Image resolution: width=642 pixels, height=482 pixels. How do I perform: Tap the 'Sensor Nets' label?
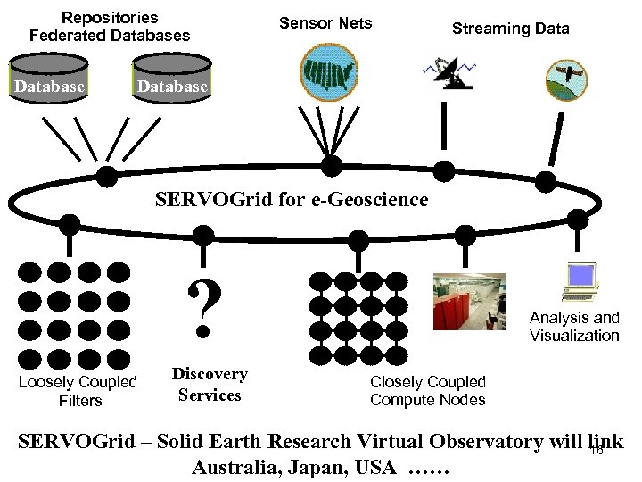(325, 23)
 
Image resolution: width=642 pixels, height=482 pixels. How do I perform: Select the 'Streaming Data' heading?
(510, 29)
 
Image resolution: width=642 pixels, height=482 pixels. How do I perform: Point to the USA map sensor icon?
(329, 71)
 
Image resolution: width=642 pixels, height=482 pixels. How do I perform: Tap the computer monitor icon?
(579, 282)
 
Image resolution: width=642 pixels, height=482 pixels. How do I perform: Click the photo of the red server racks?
(468, 302)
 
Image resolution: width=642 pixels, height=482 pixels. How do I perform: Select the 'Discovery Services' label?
(210, 385)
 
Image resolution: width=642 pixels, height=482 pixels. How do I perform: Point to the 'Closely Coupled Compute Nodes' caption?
(428, 391)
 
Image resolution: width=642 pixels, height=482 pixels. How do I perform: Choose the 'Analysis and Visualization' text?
(574, 327)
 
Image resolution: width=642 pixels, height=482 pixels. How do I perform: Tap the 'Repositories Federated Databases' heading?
(110, 27)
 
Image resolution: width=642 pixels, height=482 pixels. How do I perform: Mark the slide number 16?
(597, 451)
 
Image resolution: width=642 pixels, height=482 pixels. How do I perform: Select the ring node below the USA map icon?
(331, 163)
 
